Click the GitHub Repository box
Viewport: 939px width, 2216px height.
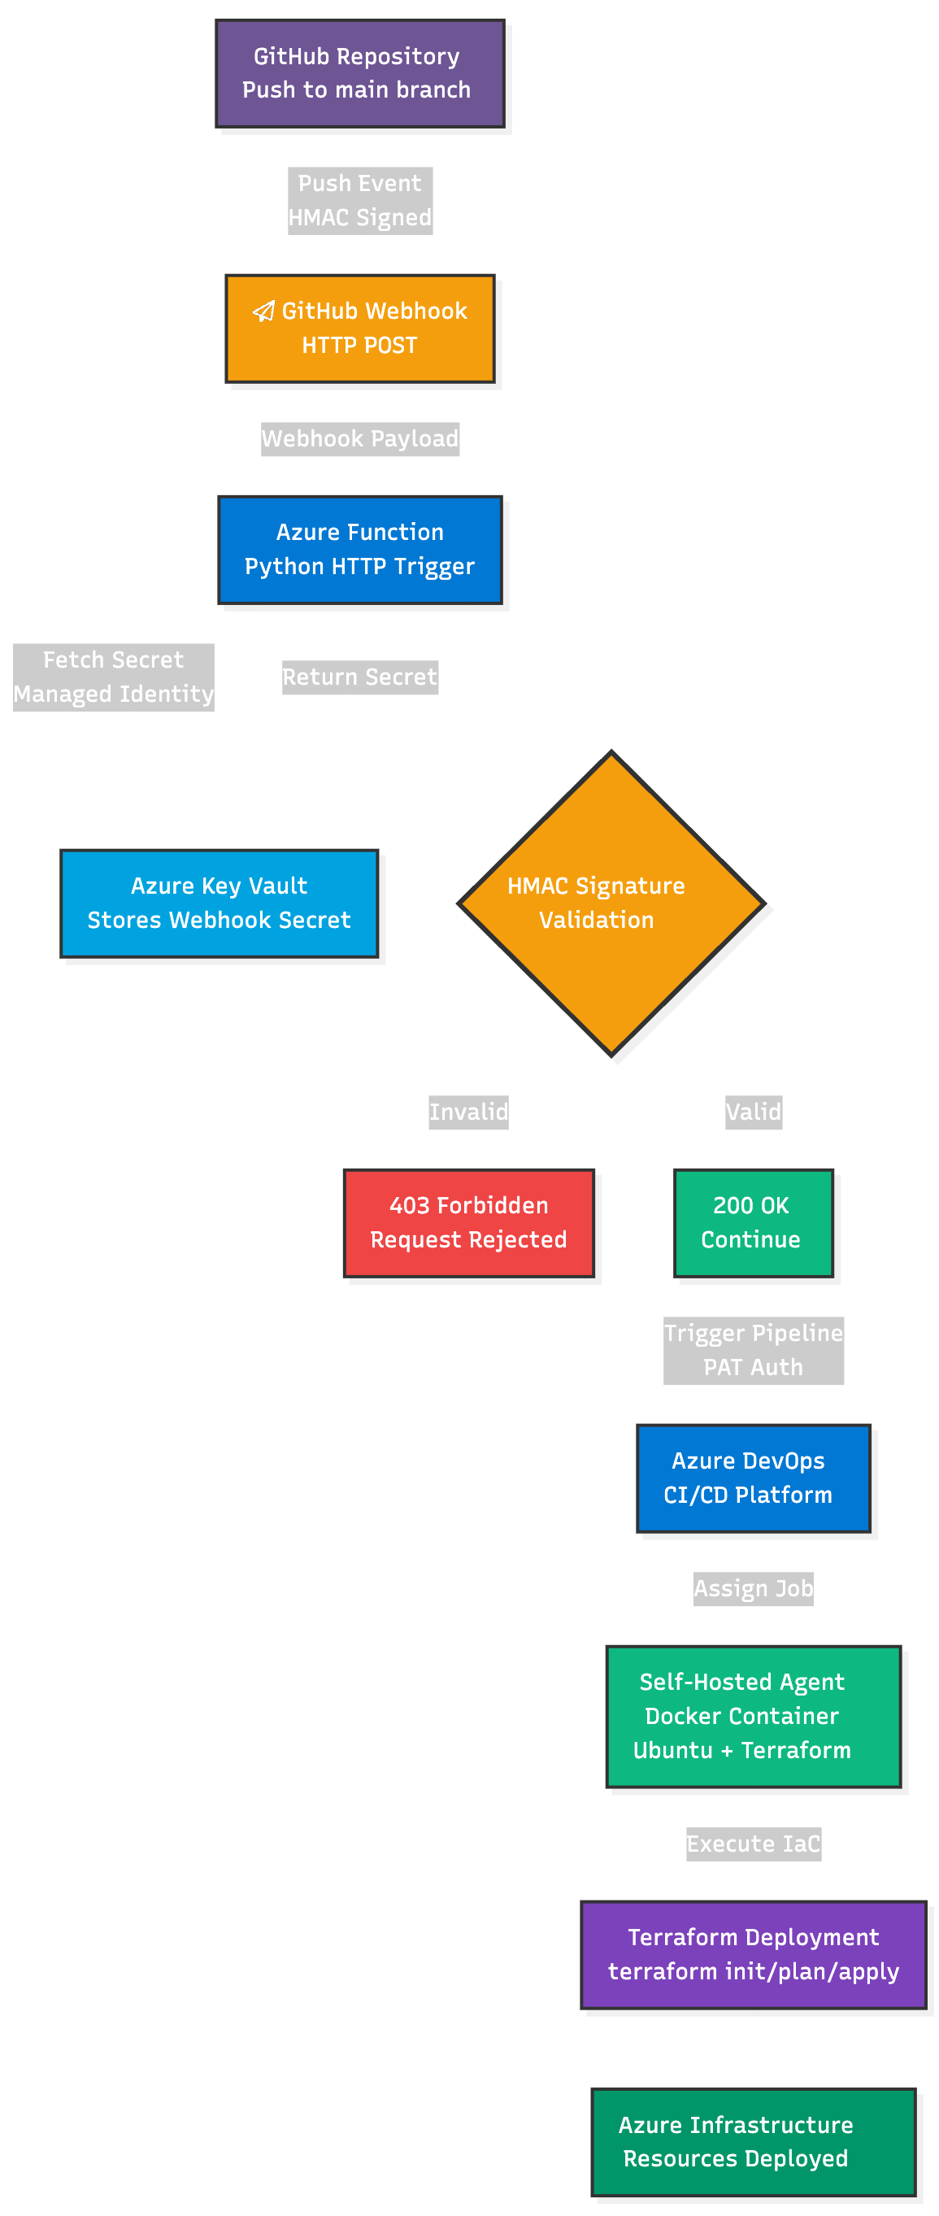click(359, 74)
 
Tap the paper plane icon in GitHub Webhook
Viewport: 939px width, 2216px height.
click(264, 311)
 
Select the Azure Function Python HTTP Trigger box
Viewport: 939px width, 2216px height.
click(359, 550)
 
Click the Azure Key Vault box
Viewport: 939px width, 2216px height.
click(220, 903)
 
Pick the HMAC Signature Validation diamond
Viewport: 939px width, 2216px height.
click(611, 903)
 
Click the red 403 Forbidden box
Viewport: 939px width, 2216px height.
click(468, 1222)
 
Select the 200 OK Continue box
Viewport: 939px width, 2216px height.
click(754, 1222)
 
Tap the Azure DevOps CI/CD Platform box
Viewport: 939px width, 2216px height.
click(754, 1478)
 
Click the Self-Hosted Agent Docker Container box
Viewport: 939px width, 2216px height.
click(754, 1716)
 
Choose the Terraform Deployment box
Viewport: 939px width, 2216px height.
click(754, 1954)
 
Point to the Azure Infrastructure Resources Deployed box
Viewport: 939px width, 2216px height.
click(754, 2142)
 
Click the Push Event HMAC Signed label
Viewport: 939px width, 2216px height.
click(359, 200)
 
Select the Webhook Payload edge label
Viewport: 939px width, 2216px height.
click(359, 438)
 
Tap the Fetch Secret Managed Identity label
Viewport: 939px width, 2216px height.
click(114, 677)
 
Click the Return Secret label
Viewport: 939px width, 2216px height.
click(359, 677)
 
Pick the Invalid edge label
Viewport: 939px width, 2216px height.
click(468, 1112)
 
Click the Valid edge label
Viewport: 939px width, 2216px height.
click(754, 1112)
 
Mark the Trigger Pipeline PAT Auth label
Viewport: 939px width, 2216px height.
click(754, 1350)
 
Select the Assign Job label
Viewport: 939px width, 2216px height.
click(754, 1588)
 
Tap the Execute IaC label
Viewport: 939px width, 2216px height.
click(754, 1844)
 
